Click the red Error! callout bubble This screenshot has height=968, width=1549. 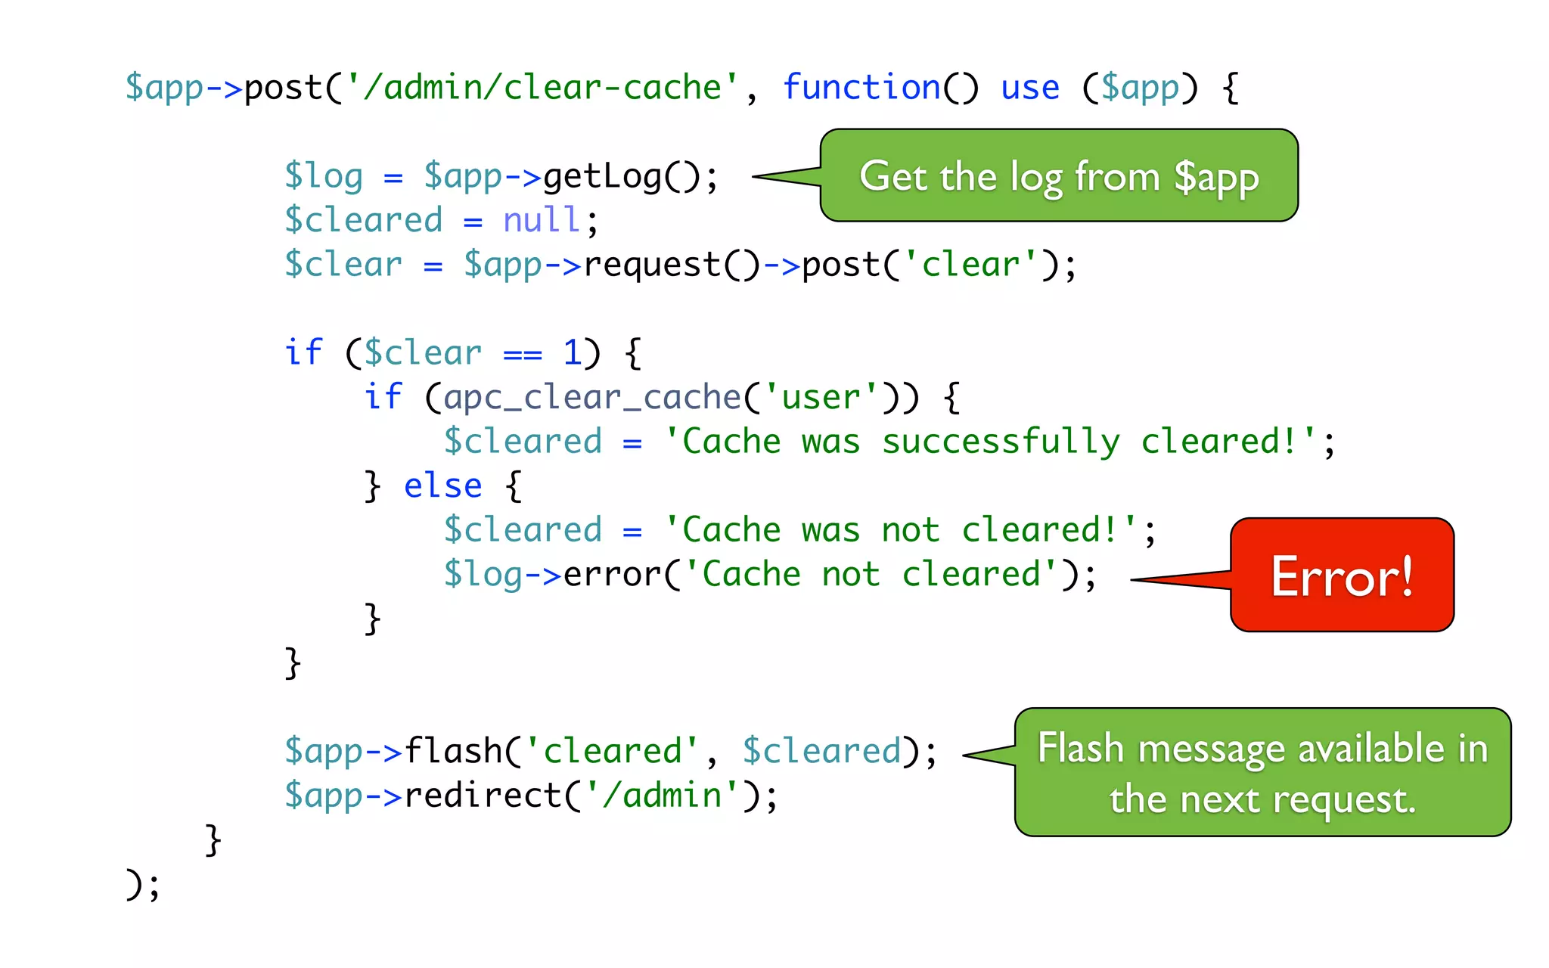pos(1342,576)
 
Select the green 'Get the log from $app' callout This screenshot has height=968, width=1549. pos(1059,176)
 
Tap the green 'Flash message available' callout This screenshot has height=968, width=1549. pos(1262,773)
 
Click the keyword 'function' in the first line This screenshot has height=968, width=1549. pos(861,88)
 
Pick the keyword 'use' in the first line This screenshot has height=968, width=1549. pos(1029,88)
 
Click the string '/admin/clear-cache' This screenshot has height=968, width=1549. pos(542,88)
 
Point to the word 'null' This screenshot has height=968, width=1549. pos(542,221)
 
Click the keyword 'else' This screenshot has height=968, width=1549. pos(442,486)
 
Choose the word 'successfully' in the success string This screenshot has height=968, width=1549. pos(1000,442)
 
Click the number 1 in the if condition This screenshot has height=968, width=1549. pos(572,353)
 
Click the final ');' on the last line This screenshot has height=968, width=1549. pos(142,884)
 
